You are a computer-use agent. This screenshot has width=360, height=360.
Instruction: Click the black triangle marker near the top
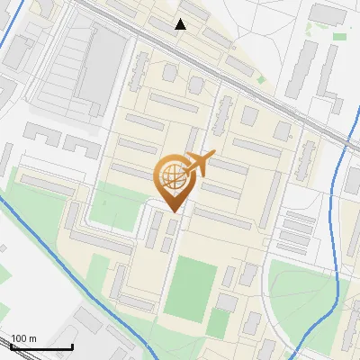pyautogui.click(x=181, y=24)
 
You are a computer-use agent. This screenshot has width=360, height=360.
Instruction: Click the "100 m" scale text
pyautogui.click(x=24, y=337)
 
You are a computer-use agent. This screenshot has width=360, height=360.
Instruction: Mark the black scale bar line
pyautogui.click(x=41, y=346)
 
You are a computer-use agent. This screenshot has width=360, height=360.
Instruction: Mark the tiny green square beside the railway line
pyautogui.click(x=262, y=79)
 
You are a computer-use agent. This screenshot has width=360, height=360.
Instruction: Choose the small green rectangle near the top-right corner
pyautogui.click(x=339, y=36)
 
